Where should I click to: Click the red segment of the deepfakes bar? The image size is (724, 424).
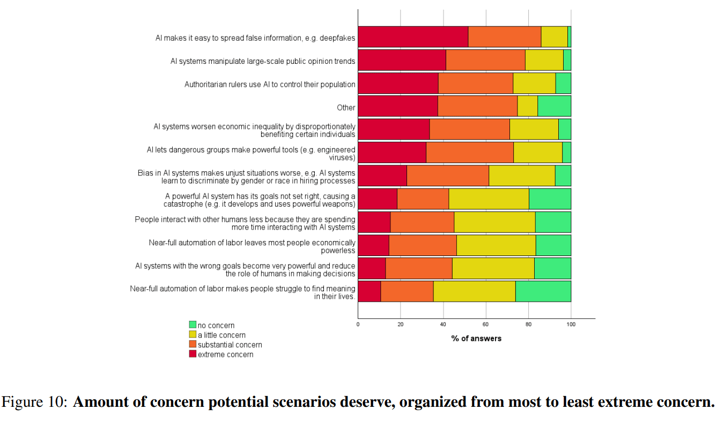click(413, 36)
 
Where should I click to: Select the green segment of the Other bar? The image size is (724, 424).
click(554, 106)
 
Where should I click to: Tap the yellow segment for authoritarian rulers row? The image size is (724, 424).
click(534, 83)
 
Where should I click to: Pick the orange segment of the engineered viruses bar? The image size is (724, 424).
click(470, 152)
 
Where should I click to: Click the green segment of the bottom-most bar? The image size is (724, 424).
click(543, 291)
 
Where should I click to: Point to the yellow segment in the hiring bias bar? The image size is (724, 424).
click(522, 176)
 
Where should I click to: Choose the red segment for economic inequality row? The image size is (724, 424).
click(394, 129)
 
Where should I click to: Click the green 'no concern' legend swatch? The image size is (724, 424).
click(193, 325)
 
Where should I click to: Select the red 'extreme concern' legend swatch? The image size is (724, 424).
click(193, 354)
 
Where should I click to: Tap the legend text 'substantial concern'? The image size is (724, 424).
click(230, 345)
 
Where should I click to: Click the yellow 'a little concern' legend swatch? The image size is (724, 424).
click(193, 334)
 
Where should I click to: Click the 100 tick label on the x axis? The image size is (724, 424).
click(571, 324)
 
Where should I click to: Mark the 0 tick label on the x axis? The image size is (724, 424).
click(358, 324)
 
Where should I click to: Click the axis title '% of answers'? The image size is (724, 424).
click(476, 339)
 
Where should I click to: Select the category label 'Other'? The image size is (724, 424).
click(346, 107)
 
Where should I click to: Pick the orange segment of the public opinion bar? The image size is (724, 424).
click(485, 60)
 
